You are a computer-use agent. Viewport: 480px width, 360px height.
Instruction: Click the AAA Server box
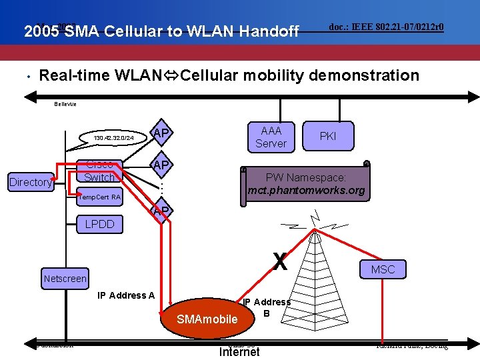271,137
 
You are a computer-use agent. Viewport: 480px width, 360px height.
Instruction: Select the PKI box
327,136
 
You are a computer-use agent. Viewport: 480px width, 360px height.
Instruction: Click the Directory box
30,182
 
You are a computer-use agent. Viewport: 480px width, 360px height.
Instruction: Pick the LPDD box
100,225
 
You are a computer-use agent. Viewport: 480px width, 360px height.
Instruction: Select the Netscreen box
65,278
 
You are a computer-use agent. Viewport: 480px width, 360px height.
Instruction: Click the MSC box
383,269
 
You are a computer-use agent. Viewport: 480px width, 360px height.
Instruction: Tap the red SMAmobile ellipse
207,318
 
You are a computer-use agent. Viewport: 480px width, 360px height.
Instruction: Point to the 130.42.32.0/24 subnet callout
114,138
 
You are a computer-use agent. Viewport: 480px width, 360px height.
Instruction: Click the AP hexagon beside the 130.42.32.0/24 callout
160,133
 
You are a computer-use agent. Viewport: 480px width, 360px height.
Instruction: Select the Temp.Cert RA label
99,197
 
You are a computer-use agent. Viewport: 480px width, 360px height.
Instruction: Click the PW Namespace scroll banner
306,184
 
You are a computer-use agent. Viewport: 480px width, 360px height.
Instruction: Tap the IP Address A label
126,295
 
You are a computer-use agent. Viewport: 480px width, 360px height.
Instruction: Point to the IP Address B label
267,307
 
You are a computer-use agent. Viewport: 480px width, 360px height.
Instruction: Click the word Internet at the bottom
239,351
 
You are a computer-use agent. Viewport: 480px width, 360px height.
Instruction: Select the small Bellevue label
65,104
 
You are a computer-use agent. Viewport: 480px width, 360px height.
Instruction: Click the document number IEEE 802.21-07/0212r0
387,27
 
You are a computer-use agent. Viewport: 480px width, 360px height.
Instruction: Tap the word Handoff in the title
267,31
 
